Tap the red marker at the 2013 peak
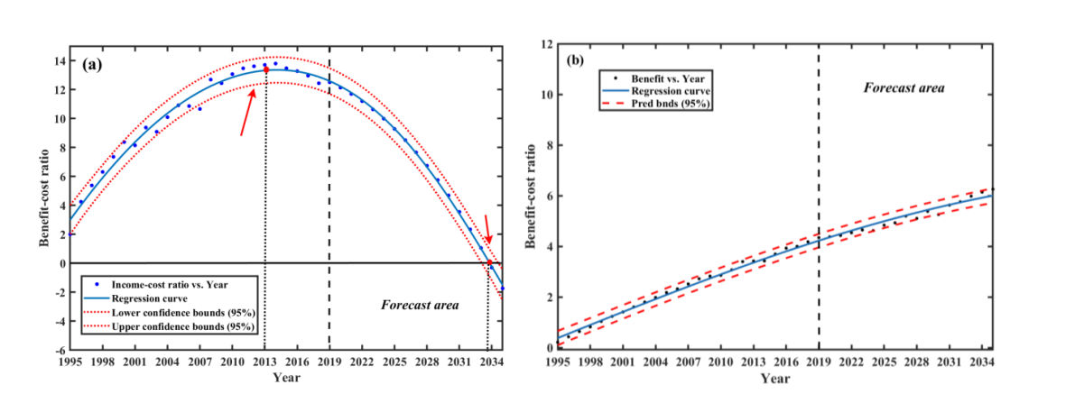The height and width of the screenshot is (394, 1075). (264, 69)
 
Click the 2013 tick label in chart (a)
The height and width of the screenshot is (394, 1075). (264, 362)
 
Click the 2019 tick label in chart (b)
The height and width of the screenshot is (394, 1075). (819, 362)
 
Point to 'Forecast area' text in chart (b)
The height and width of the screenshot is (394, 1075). (904, 87)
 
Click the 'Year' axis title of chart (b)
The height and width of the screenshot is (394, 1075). (775, 379)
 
